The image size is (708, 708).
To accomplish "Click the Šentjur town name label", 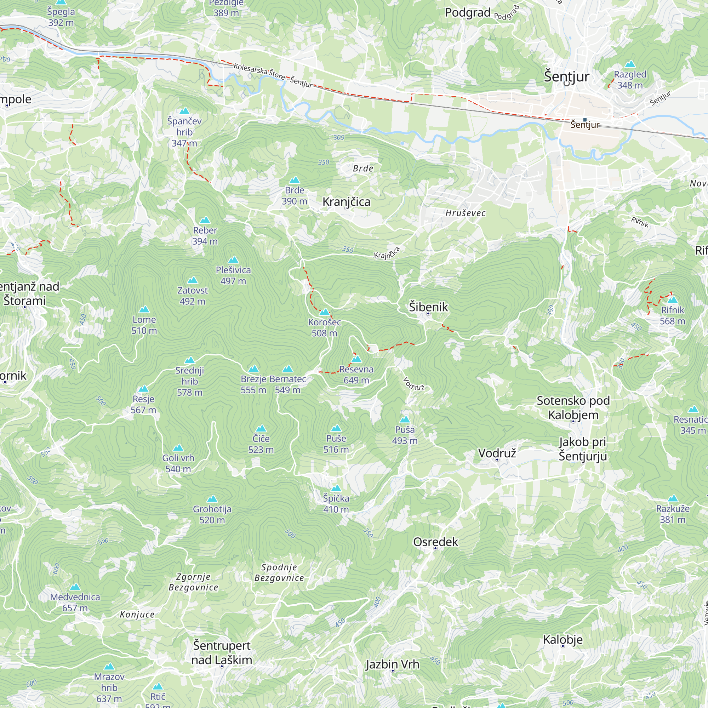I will [566, 76].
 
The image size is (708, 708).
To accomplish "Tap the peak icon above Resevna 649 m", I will [356, 359].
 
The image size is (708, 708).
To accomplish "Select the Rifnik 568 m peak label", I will [672, 315].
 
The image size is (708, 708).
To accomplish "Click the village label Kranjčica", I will [346, 202].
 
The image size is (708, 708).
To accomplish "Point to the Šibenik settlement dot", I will [428, 314].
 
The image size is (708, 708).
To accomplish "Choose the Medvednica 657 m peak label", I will [75, 603].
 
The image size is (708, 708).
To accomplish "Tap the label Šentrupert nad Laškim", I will [222, 653].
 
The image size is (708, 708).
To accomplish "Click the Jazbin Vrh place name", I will [392, 664].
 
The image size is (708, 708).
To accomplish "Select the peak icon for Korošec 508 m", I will [324, 312].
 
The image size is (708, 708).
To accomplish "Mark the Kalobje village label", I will [563, 639].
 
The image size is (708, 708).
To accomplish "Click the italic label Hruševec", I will [466, 213].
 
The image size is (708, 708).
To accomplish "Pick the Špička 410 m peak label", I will [336, 503].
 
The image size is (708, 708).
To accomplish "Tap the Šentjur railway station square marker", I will [585, 120].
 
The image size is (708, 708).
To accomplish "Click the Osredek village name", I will [435, 542].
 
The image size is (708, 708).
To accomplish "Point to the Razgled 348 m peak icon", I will [630, 64].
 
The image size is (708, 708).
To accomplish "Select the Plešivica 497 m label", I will [233, 275].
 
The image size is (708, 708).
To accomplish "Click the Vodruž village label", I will [497, 453].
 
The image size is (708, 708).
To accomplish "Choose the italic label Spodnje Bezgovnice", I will [279, 572].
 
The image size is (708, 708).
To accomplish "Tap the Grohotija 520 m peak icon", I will [212, 499].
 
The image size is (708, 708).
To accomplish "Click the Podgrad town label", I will [468, 12].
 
